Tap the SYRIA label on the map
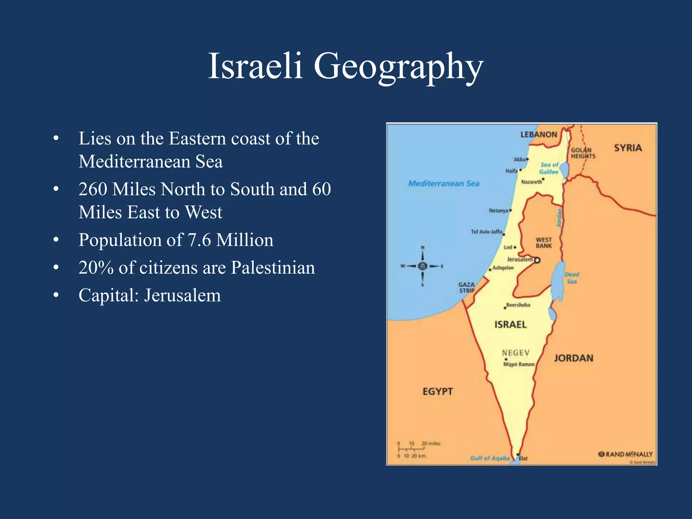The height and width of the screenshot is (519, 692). (x=628, y=148)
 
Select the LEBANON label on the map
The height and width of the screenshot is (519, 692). (x=539, y=134)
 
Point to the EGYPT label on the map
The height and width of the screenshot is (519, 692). (x=438, y=391)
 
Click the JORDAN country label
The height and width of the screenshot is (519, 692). (x=573, y=358)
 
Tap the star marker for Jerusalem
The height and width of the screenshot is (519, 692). (x=537, y=260)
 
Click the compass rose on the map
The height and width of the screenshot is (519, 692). (x=422, y=266)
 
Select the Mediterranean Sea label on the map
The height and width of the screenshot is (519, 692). (x=444, y=183)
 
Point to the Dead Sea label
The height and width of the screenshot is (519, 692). (x=572, y=278)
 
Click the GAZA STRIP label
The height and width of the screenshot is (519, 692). (x=467, y=287)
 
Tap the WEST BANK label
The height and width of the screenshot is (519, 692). (x=544, y=243)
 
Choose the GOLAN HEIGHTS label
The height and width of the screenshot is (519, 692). (x=583, y=153)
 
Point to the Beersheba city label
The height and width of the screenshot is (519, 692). (x=518, y=305)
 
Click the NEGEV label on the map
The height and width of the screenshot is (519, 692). (x=516, y=352)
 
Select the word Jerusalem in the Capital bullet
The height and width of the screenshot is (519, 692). (x=182, y=295)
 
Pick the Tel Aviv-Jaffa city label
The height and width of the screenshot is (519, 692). (x=487, y=232)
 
